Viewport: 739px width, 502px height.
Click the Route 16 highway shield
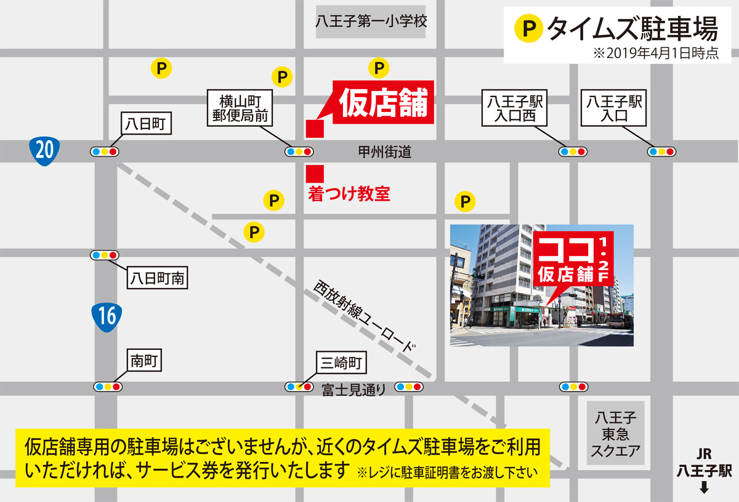pyautogui.click(x=106, y=316)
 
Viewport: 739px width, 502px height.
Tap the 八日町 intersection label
pyautogui.click(x=146, y=124)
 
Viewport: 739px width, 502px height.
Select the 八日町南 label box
pyautogui.click(x=157, y=279)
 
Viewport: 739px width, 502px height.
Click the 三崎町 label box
pyautogui.click(x=341, y=363)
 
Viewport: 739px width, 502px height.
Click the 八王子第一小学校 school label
pyautogui.click(x=371, y=22)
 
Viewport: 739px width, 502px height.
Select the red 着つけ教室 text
pyautogui.click(x=349, y=194)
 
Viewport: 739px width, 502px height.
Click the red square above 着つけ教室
pyautogui.click(x=315, y=173)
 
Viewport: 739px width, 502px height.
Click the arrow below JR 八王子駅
pyautogui.click(x=705, y=490)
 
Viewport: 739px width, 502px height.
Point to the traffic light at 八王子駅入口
pyautogui.click(x=661, y=151)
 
